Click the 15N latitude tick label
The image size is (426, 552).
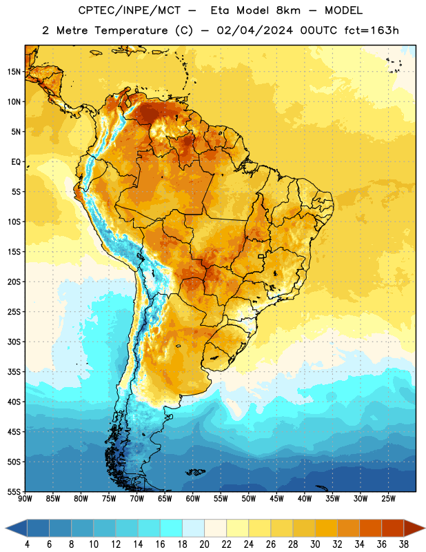[x=14, y=72]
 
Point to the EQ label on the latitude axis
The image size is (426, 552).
[x=16, y=162]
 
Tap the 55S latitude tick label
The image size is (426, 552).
[x=14, y=491]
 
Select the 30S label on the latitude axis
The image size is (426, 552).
[x=14, y=342]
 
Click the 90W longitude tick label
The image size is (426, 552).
[x=25, y=498]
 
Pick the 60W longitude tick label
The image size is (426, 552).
[x=193, y=498]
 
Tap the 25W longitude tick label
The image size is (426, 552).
[x=388, y=498]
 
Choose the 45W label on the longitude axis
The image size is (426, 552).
[x=276, y=498]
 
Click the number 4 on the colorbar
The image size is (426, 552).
[x=27, y=544]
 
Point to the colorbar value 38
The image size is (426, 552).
[x=403, y=544]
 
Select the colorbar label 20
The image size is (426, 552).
[x=204, y=544]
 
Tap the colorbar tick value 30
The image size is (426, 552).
[x=315, y=544]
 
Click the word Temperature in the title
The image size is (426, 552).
[x=131, y=30]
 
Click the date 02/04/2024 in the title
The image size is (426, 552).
[x=254, y=30]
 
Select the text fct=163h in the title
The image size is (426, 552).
[x=372, y=30]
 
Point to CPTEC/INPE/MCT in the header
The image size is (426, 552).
[x=130, y=10]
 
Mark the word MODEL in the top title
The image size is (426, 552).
[x=344, y=10]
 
